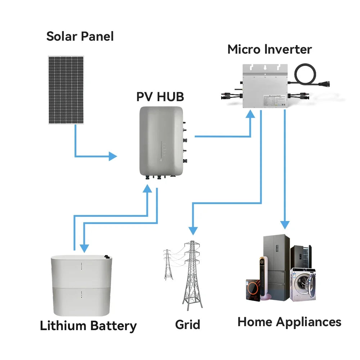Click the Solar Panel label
pos(80,36)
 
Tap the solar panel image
pos(66,90)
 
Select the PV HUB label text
pos(160,96)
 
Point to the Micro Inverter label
pos(269,49)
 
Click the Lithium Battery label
pos(88,326)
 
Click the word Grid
pos(187,324)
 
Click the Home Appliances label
pos(289,321)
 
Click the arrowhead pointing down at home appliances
pos(285,225)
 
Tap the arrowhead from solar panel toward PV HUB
pos(113,156)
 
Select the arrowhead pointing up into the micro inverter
pos(250,114)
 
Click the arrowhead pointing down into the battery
pos(84,248)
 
